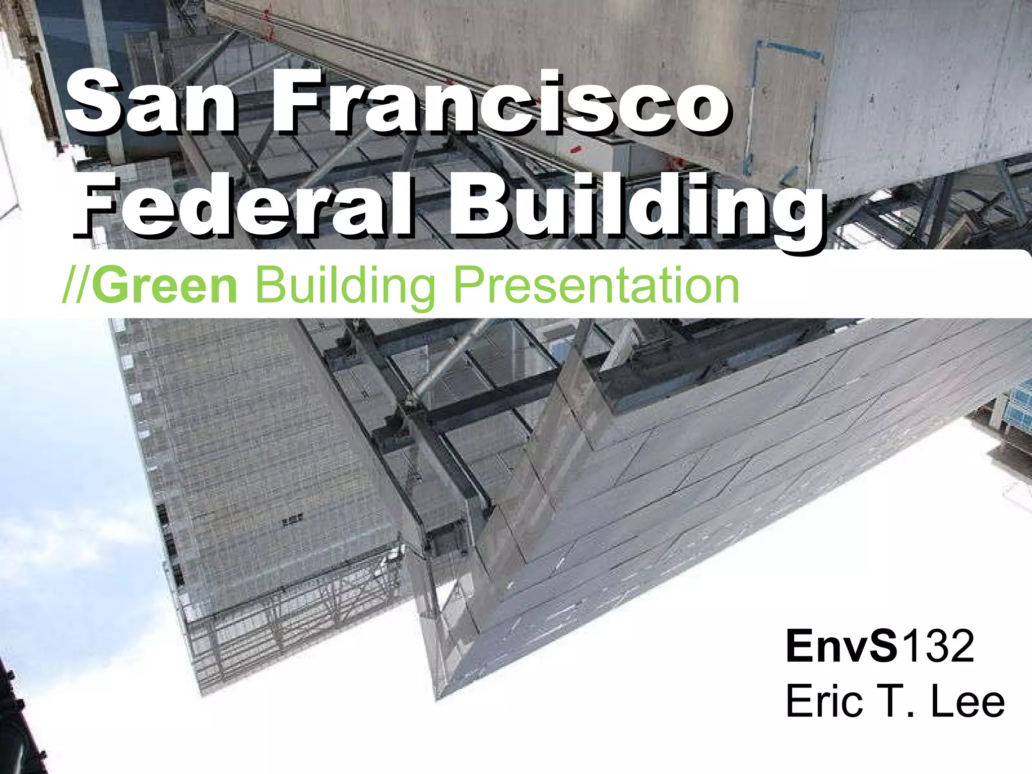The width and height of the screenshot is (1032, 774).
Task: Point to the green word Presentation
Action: pos(597,286)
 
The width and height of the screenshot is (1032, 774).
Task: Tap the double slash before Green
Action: pos(77,286)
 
